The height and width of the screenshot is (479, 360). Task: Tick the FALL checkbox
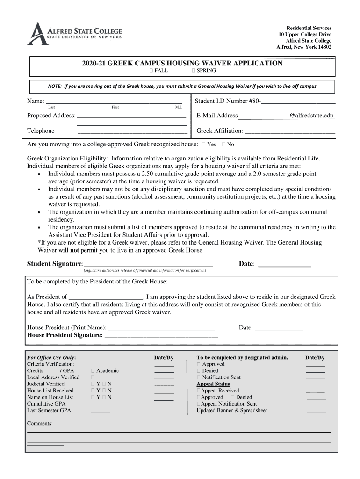click(x=151, y=71)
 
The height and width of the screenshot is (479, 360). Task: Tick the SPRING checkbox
click(x=194, y=71)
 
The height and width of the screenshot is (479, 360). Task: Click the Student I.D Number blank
click(x=298, y=101)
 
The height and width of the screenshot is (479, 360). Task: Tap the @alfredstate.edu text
click(x=311, y=116)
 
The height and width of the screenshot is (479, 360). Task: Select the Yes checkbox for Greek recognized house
click(x=203, y=145)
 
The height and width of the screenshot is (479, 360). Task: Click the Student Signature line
click(x=149, y=264)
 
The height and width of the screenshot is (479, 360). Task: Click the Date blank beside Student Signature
click(x=284, y=264)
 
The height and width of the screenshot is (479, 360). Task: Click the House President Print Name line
click(x=161, y=327)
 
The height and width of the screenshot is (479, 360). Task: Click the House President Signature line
click(x=161, y=335)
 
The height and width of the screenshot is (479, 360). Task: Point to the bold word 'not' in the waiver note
click(x=74, y=250)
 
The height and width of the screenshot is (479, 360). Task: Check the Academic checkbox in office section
click(x=94, y=370)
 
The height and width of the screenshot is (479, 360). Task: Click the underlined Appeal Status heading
click(x=213, y=384)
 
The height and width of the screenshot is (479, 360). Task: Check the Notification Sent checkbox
click(x=199, y=377)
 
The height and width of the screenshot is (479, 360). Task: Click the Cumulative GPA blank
click(x=100, y=404)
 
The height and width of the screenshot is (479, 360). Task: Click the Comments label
click(x=40, y=423)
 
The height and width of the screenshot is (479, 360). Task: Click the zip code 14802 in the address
click(x=322, y=47)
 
